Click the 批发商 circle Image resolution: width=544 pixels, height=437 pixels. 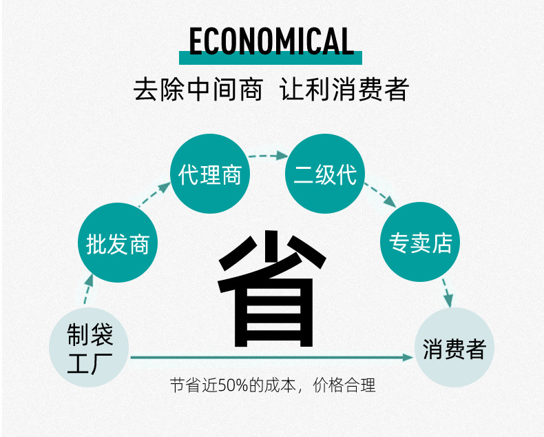tap(118, 244)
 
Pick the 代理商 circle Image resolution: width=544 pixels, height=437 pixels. tap(209, 174)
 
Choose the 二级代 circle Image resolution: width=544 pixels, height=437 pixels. tap(325, 174)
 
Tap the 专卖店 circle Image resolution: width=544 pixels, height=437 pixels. tap(420, 243)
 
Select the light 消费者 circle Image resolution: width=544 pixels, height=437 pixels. tap(454, 349)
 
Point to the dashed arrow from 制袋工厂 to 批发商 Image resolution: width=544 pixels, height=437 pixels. tap(87, 290)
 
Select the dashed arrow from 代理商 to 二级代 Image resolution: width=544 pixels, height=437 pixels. tap(267, 156)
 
